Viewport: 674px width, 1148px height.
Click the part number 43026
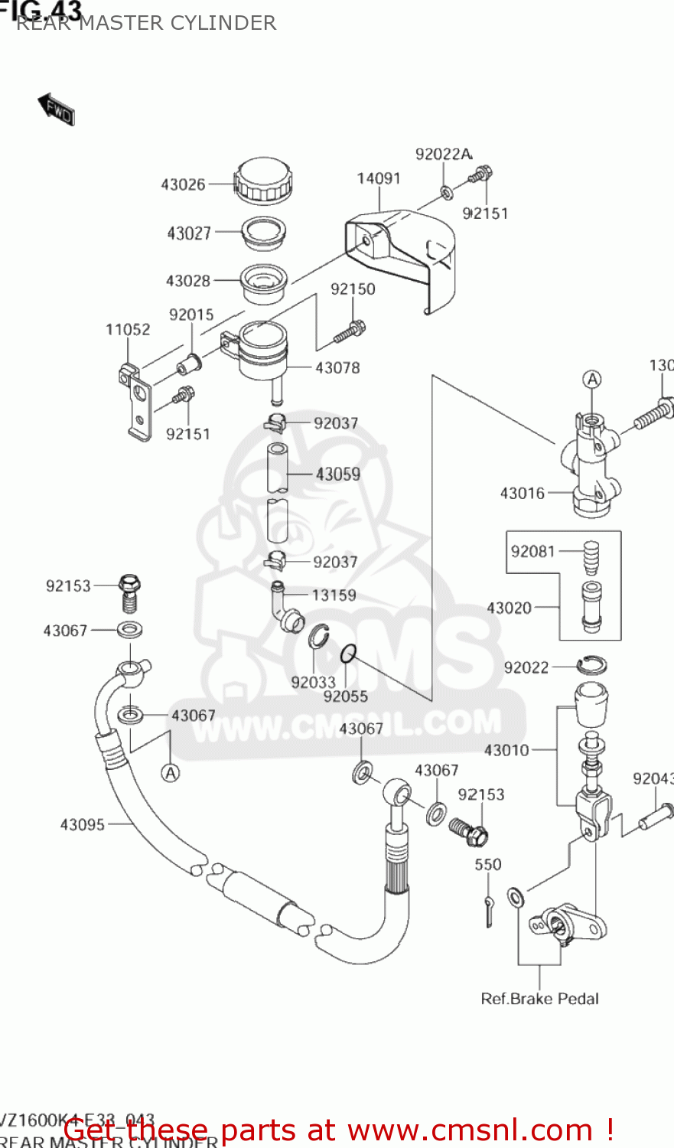point(183,184)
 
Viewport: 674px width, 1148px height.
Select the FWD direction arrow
point(56,109)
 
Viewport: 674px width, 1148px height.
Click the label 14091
point(379,178)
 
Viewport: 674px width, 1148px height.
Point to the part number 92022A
point(444,155)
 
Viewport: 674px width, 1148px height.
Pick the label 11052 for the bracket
point(128,330)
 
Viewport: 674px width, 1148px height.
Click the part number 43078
point(337,368)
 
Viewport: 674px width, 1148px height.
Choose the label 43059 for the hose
point(337,475)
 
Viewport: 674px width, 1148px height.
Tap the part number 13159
point(334,595)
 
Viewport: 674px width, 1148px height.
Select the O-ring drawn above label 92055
point(348,653)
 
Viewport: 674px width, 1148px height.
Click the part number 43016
point(523,494)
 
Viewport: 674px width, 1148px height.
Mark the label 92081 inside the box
point(533,552)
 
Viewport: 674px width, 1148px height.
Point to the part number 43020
point(510,608)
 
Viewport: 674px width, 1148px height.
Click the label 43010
point(506,751)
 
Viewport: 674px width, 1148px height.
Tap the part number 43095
point(83,824)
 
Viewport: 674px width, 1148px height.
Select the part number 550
point(488,865)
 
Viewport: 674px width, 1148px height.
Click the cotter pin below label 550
point(488,911)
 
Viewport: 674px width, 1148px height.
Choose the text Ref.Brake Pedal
point(539,999)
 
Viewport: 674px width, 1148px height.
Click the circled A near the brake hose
point(171,773)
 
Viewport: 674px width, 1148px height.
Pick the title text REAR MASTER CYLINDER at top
point(146,23)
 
